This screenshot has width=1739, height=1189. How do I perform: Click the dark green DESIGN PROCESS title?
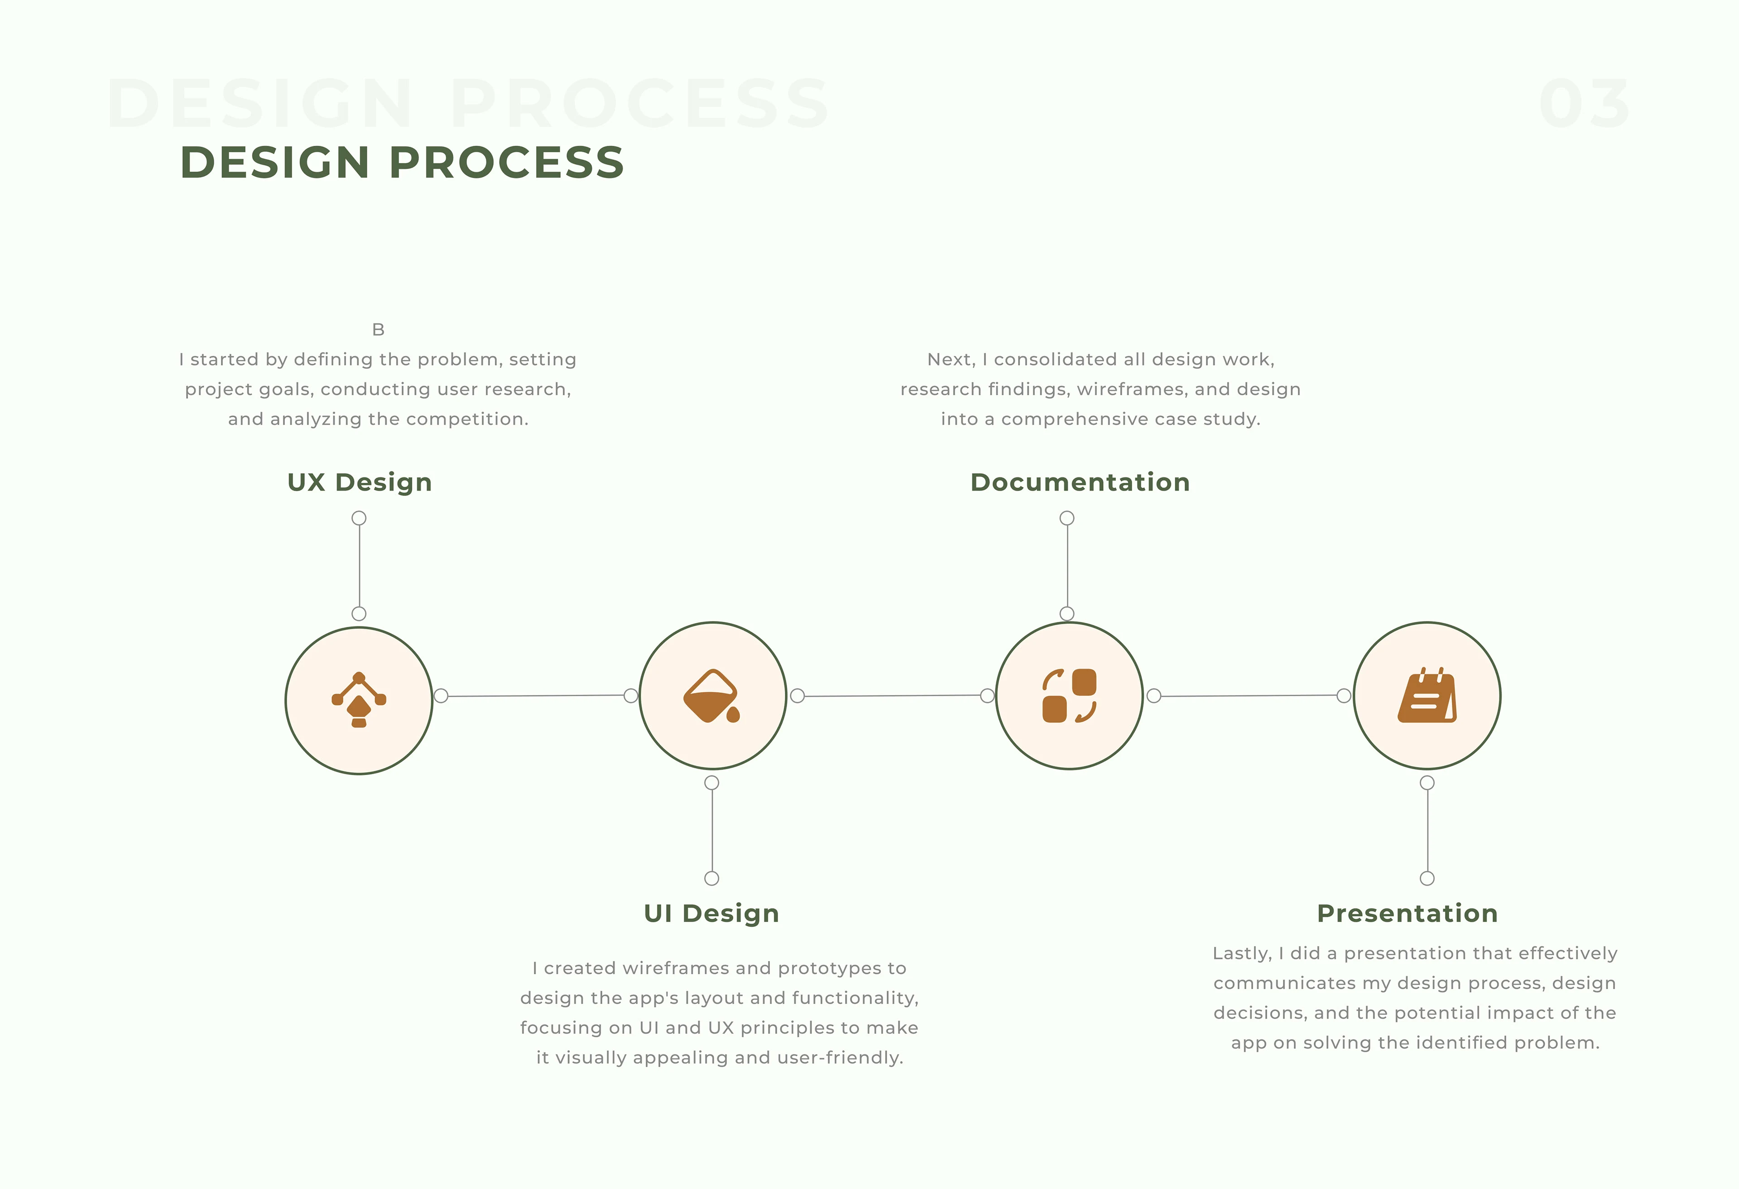point(402,162)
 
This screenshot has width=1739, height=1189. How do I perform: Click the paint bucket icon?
point(711,696)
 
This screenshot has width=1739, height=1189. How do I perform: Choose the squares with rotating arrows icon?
point(1069,696)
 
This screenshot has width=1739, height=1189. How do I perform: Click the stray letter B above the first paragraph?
point(379,329)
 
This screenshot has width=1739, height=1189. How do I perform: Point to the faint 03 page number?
point(1584,103)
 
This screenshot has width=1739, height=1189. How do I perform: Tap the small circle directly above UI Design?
point(711,878)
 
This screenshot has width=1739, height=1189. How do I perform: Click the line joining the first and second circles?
point(536,696)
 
